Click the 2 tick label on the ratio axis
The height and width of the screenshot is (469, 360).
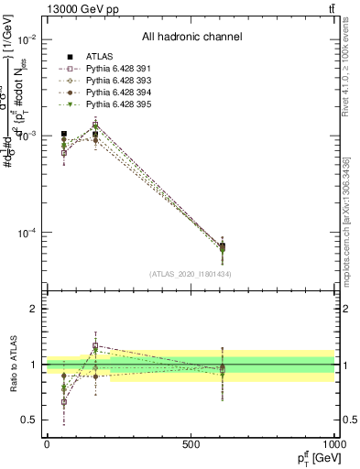click(x=35, y=310)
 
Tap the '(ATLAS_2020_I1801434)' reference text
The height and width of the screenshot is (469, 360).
click(x=191, y=275)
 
